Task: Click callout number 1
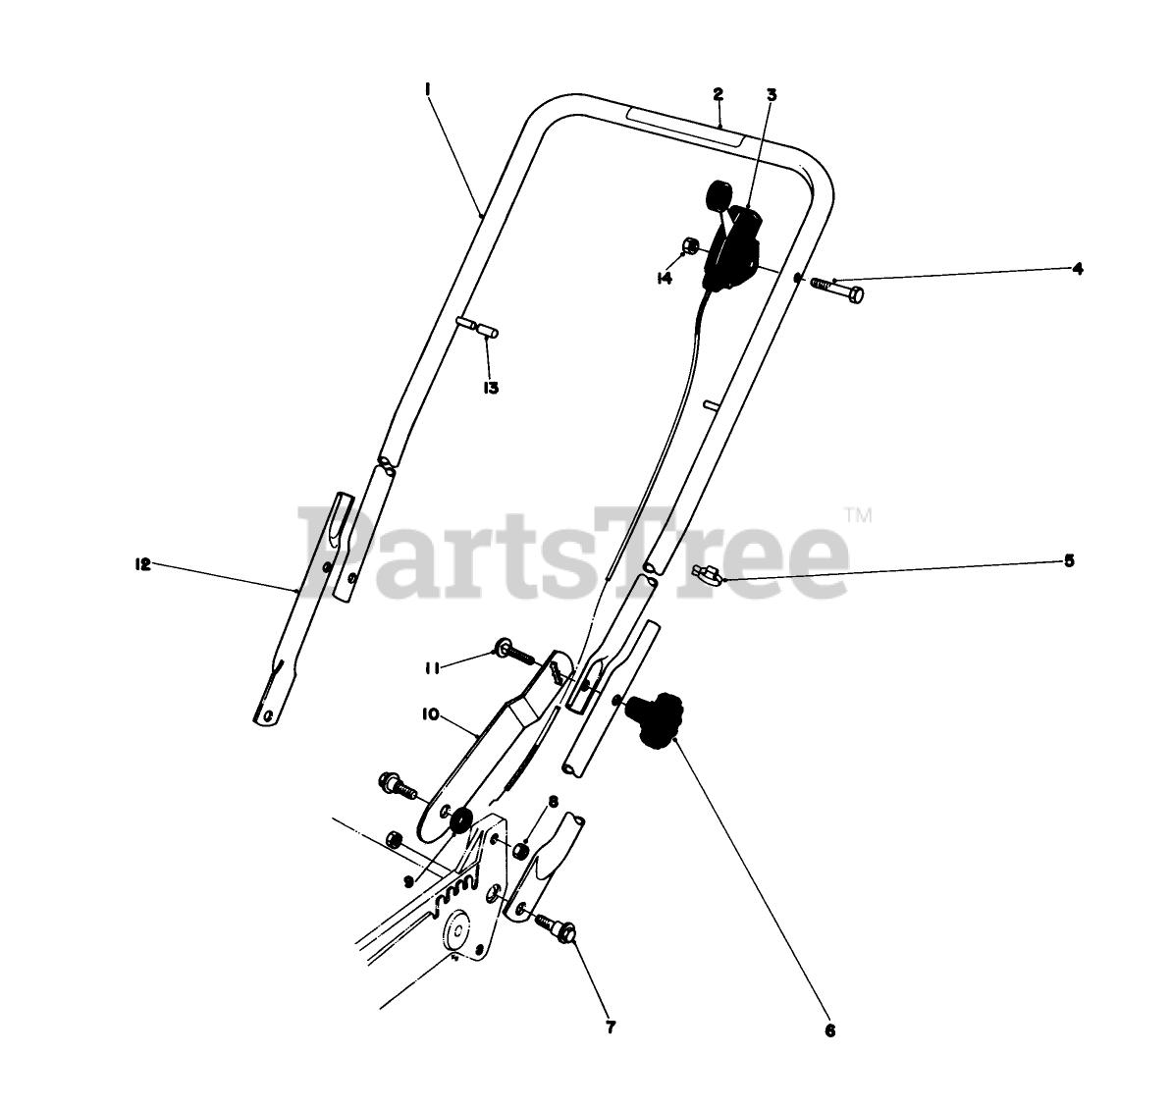coord(428,89)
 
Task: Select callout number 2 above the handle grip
coord(719,94)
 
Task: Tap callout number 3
coord(772,95)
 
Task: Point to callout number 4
coord(1077,268)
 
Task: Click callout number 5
coord(1069,561)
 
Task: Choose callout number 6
coord(829,1031)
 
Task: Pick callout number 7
coord(611,1028)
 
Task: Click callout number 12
coord(142,564)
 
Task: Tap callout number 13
coord(491,388)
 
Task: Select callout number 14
coord(665,278)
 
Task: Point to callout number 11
coord(432,667)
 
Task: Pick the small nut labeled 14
coord(691,245)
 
